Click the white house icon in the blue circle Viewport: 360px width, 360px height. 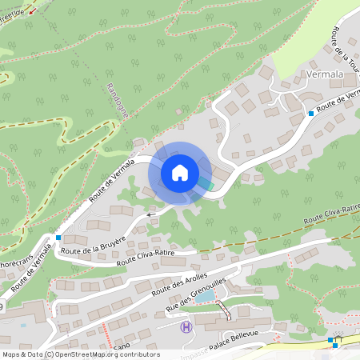pos(180,173)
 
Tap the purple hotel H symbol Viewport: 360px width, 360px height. pos(186,326)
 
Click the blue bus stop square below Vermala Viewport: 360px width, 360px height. pos(311,114)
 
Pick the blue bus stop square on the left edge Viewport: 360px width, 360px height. pos(58,237)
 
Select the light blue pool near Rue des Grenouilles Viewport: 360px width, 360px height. pos(206,297)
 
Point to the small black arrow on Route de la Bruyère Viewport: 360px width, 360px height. pos(150,214)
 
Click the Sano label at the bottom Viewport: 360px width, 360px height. pos(121,346)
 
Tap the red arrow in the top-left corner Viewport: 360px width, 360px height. pos(31,9)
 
